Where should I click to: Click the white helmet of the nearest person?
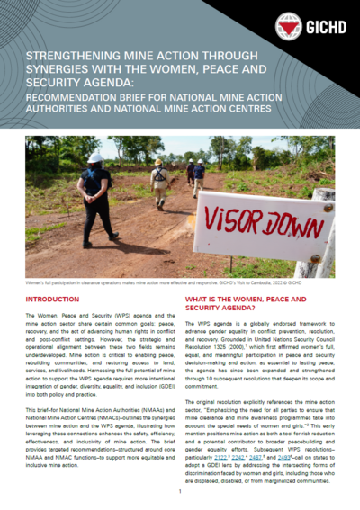pyautogui.click(x=95, y=157)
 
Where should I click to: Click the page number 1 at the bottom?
pyautogui.click(x=180, y=492)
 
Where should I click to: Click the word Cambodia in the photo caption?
pyautogui.click(x=254, y=282)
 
